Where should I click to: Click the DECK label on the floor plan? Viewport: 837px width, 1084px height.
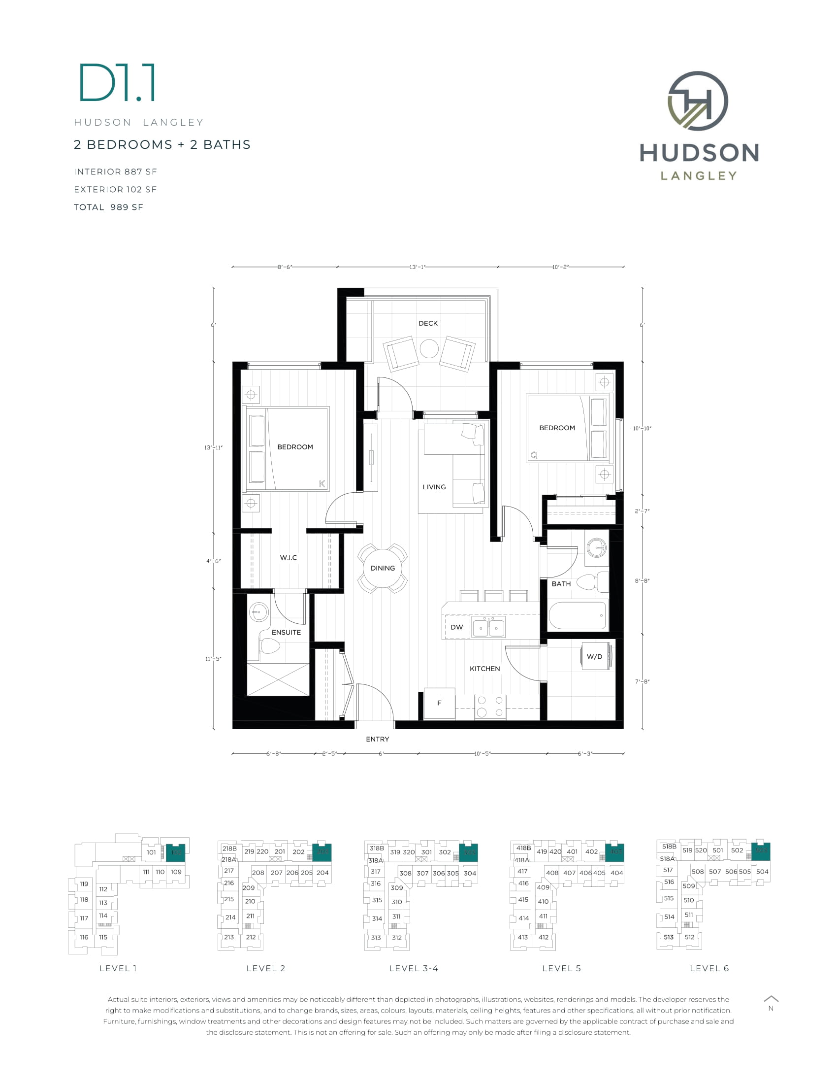coord(428,323)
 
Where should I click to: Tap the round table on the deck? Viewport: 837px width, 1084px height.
coord(429,348)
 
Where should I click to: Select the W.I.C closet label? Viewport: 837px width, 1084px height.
coord(288,557)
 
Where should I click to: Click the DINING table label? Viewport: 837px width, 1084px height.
coord(383,568)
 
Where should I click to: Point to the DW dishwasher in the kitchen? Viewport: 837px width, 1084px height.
coord(457,627)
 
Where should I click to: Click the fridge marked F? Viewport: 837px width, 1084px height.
coord(439,703)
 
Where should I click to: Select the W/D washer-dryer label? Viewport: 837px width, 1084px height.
coord(594,656)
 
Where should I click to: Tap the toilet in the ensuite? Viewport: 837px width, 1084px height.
coord(270,646)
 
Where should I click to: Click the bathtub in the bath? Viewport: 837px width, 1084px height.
coord(578,615)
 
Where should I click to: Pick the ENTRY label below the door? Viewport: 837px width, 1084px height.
coord(377,739)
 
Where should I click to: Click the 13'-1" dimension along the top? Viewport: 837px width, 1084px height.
coord(417,267)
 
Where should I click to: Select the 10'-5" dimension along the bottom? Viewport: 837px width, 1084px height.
coord(482,753)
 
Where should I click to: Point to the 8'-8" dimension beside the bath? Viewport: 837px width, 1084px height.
coord(642,580)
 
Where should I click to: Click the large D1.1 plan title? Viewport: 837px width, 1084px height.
coord(118,82)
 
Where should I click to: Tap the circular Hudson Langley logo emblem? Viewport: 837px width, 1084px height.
coord(698,101)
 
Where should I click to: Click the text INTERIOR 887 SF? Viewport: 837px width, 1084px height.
coord(116,172)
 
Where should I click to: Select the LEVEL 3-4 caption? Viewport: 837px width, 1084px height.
coord(414,968)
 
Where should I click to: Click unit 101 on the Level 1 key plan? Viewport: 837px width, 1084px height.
coord(151,852)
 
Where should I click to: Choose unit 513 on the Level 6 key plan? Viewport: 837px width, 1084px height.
coord(669,937)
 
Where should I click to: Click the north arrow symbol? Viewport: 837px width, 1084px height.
coord(771,999)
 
